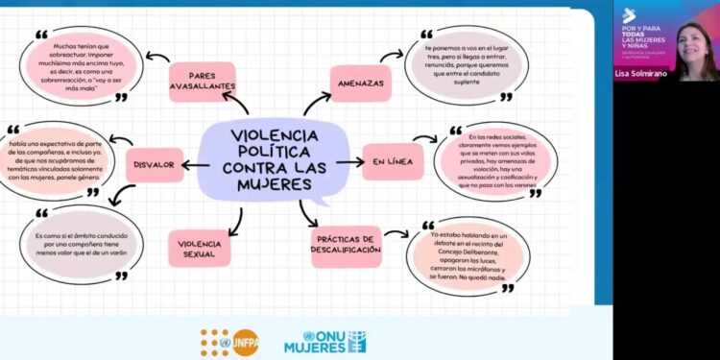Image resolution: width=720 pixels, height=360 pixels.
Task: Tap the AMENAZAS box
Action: [361, 84]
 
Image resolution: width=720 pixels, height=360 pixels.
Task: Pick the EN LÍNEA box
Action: [393, 162]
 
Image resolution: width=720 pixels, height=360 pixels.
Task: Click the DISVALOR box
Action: [155, 165]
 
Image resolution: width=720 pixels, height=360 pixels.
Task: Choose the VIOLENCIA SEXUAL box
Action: [199, 248]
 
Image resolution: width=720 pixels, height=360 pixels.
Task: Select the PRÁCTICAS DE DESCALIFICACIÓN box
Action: [346, 245]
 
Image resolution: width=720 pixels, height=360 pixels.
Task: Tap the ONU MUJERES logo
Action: [326, 342]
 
